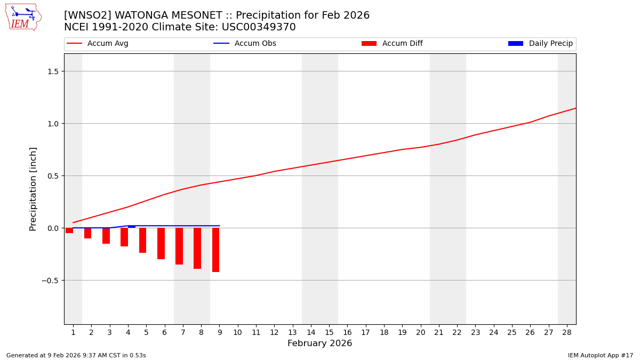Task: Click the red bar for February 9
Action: pyautogui.click(x=215, y=250)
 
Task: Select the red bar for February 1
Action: pyautogui.click(x=69, y=230)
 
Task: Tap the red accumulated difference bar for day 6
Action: pyautogui.click(x=161, y=243)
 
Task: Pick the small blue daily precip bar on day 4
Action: pyautogui.click(x=132, y=227)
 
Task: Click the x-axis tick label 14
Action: pyautogui.click(x=311, y=332)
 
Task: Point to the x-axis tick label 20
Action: pyautogui.click(x=421, y=332)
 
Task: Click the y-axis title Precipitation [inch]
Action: pyautogui.click(x=34, y=189)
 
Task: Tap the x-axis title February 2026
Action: pyautogui.click(x=319, y=343)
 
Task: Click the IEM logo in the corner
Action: pyautogui.click(x=23, y=17)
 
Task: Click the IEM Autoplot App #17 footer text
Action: pyautogui.click(x=600, y=355)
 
